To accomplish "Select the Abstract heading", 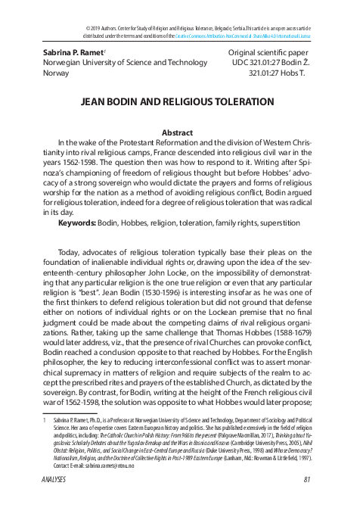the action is pyautogui.click(x=179, y=131).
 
